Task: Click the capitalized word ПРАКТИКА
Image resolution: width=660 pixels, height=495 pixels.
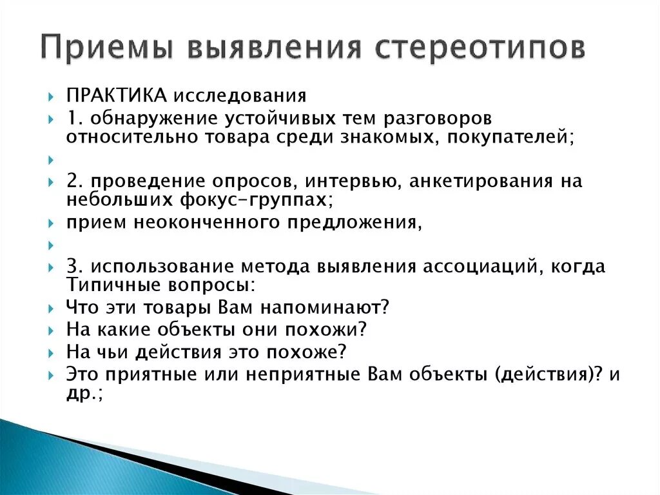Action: [117, 96]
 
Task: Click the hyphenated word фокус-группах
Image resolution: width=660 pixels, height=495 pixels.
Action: [264, 200]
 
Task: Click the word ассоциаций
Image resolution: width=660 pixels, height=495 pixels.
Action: [478, 267]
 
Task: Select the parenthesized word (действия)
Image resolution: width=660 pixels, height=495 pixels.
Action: [544, 374]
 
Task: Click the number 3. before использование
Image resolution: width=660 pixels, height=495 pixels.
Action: [73, 267]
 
